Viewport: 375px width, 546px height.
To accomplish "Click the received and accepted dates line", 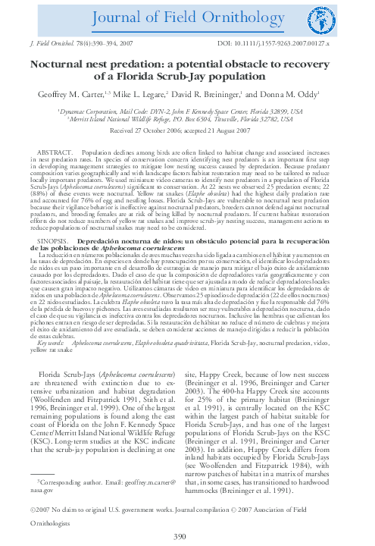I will click(187, 130).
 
